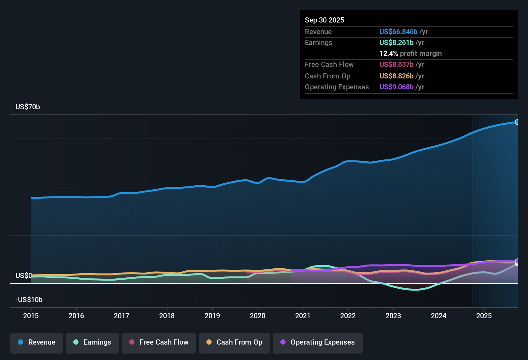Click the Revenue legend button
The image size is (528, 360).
tap(37, 343)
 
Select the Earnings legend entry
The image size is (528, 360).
tap(92, 343)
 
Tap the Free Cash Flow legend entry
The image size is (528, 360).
tap(159, 343)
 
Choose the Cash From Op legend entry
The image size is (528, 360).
tap(234, 343)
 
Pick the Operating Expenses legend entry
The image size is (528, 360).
tap(318, 343)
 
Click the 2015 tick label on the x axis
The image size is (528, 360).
tap(31, 316)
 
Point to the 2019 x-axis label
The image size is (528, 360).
tap(212, 316)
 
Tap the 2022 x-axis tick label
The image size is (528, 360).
tap(348, 316)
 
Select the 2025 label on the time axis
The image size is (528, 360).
tap(484, 316)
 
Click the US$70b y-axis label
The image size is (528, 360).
tap(28, 107)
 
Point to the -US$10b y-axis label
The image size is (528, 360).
tap(29, 300)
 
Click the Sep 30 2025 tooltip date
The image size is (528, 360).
tap(324, 20)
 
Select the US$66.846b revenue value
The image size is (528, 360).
tap(398, 32)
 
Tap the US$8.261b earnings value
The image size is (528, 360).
tap(396, 43)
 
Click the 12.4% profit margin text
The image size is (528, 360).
tap(410, 54)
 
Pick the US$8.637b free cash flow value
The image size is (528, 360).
tap(396, 65)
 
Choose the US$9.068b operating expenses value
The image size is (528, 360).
tap(396, 87)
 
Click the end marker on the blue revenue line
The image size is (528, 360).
tap(517, 122)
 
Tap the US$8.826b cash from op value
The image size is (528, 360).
tap(396, 76)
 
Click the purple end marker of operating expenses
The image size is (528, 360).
tap(517, 261)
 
